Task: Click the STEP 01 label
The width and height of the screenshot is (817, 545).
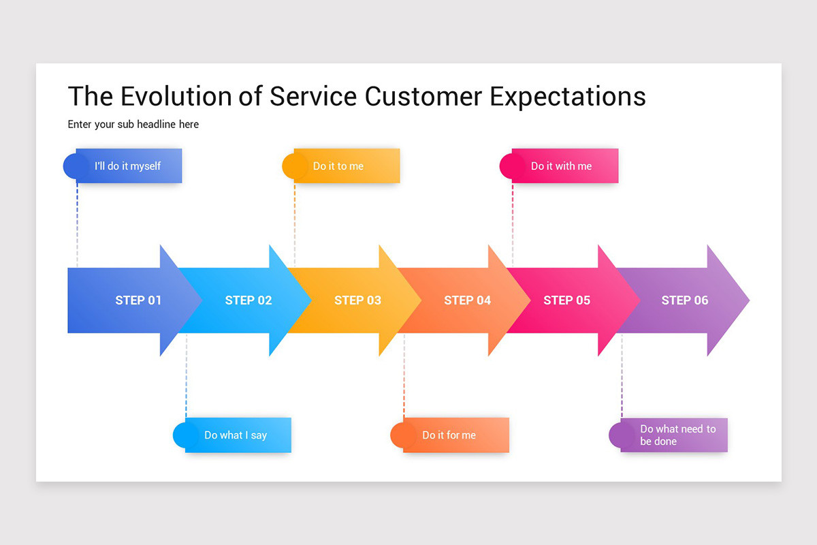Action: click(x=138, y=300)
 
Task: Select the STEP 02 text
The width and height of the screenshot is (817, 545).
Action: click(x=249, y=300)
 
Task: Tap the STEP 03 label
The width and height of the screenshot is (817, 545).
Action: click(x=358, y=300)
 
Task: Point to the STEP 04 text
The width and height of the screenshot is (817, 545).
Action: click(x=467, y=300)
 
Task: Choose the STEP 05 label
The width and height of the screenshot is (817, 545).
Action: click(x=566, y=300)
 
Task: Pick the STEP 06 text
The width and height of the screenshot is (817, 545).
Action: click(x=685, y=300)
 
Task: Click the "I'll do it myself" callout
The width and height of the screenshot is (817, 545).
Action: click(x=127, y=166)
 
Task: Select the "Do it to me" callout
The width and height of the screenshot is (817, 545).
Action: click(x=338, y=166)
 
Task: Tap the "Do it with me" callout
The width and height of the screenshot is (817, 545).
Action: click(x=561, y=166)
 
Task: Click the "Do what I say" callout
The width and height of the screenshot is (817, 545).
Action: click(x=236, y=435)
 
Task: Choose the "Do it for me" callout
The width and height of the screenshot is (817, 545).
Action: click(x=449, y=435)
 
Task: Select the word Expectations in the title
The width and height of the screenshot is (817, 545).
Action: click(x=567, y=96)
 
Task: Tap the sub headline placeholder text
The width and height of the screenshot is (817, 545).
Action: click(x=133, y=125)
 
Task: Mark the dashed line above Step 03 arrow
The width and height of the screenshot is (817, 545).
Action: click(x=295, y=221)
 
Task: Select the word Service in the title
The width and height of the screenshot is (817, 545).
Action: click(x=313, y=96)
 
